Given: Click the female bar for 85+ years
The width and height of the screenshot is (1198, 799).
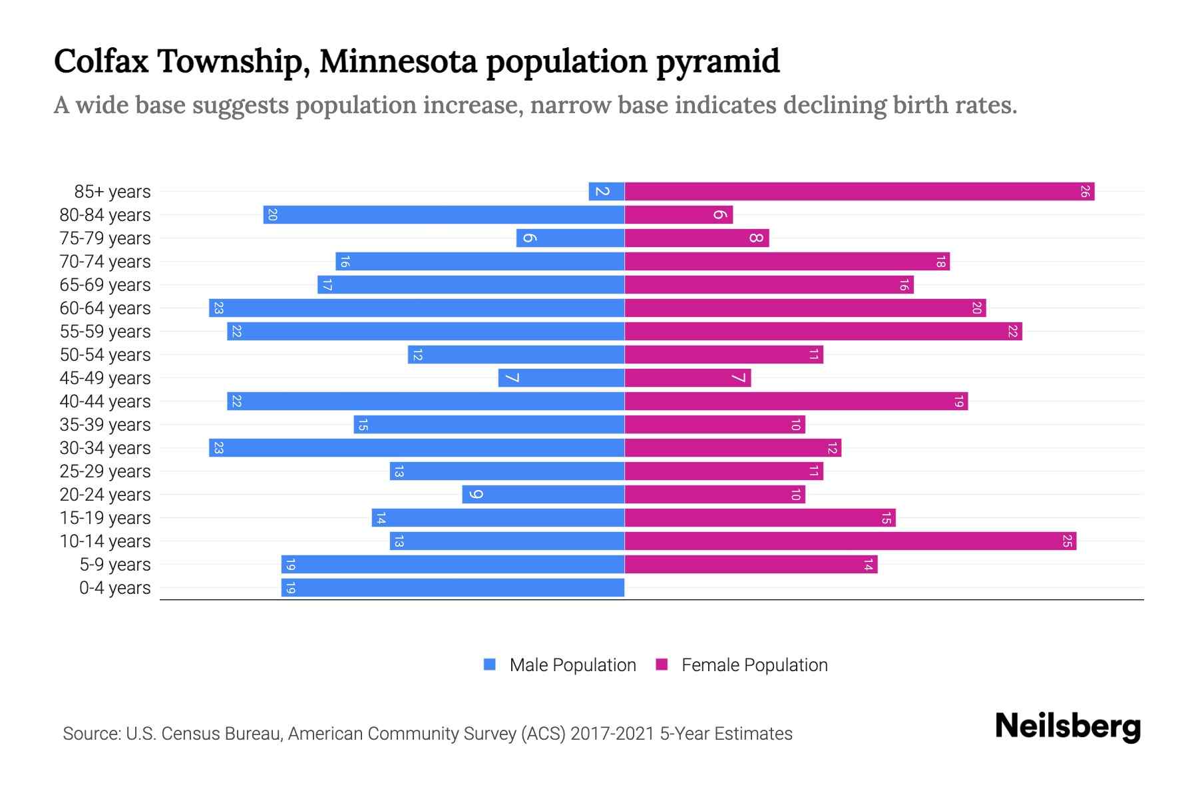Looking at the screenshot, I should tap(859, 192).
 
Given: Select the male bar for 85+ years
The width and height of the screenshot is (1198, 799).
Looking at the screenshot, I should tap(606, 192).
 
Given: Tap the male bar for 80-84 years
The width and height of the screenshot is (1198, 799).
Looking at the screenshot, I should tap(444, 215).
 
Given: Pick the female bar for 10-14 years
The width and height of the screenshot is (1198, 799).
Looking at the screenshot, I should tap(850, 541).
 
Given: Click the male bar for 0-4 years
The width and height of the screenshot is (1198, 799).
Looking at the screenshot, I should tap(453, 588).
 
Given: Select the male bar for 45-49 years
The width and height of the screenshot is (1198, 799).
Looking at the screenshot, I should tap(561, 378).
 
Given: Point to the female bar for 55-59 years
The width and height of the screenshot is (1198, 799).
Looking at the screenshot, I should tap(823, 332).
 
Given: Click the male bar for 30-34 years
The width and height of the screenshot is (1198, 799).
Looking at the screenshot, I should tap(417, 448).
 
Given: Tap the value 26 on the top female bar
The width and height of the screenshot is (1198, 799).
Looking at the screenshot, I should tap(1085, 192).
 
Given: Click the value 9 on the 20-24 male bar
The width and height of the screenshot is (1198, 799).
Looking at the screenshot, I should tap(475, 495).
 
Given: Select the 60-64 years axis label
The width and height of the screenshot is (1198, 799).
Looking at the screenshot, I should tap(105, 308).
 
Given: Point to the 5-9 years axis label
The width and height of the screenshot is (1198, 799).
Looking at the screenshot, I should tap(115, 565).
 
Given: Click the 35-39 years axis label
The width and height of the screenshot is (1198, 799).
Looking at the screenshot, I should tap(105, 425).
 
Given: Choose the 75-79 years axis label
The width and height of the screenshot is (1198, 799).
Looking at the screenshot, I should tap(105, 238).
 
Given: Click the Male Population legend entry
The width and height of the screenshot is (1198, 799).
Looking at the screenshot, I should tap(572, 665).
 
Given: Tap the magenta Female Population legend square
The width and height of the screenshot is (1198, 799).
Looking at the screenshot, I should tap(662, 665).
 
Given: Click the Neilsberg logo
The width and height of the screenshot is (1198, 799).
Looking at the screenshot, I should tap(1068, 726).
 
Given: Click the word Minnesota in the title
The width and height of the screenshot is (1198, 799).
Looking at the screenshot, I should tap(398, 61).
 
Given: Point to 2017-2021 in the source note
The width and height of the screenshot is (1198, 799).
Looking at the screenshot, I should tap(612, 734).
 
